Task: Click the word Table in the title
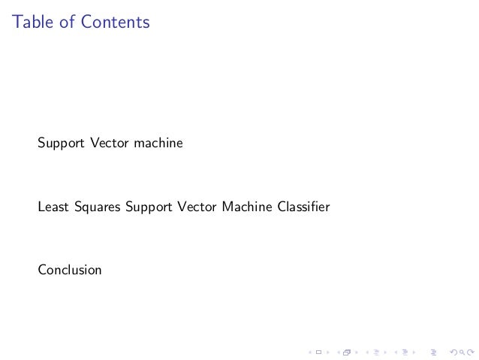32,23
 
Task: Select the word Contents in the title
116,23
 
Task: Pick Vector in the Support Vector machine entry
110,142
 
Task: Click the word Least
54,206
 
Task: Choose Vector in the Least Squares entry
197,206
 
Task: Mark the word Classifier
303,206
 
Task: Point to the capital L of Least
41,206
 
